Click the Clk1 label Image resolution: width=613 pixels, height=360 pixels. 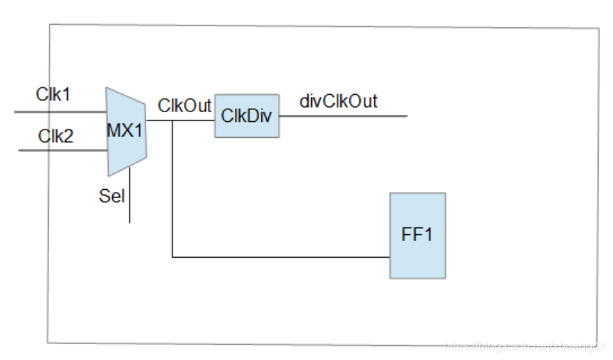pyautogui.click(x=53, y=95)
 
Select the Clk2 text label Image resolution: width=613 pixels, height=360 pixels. pyautogui.click(x=56, y=136)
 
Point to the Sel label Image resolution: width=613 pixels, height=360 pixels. pyautogui.click(x=111, y=197)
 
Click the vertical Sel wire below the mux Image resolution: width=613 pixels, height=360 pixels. pyautogui.click(x=130, y=200)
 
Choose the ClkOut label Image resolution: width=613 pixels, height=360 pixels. pyautogui.click(x=185, y=106)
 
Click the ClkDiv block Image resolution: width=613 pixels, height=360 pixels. pyautogui.click(x=246, y=116)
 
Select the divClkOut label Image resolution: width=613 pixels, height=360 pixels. pyautogui.click(x=338, y=101)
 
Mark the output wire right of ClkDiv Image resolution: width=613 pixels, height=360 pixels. pyautogui.click(x=343, y=116)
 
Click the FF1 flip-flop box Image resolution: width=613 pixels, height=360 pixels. pyautogui.click(x=417, y=235)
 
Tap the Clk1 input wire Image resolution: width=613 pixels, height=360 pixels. pyautogui.click(x=60, y=111)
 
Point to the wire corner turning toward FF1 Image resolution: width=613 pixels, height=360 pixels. pyautogui.click(x=173, y=258)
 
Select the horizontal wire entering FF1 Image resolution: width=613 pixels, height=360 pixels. pyautogui.click(x=286, y=258)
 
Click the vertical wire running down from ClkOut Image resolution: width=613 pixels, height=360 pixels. pyautogui.click(x=173, y=188)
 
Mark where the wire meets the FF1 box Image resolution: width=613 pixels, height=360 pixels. pyautogui.click(x=389, y=258)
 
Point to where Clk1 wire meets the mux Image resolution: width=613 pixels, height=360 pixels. pyautogui.click(x=106, y=111)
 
